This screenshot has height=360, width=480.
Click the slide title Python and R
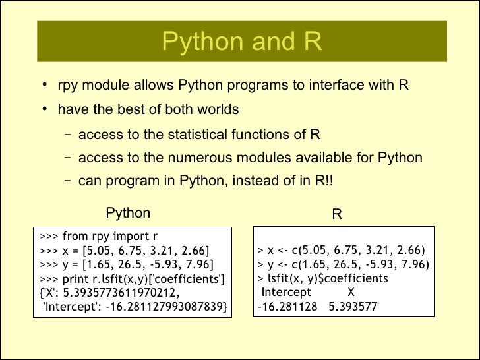click(241, 42)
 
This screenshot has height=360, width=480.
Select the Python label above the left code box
click(128, 213)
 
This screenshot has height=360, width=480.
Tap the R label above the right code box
click(336, 214)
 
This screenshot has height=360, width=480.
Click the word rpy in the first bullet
click(69, 86)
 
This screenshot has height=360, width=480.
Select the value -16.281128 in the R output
click(287, 307)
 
